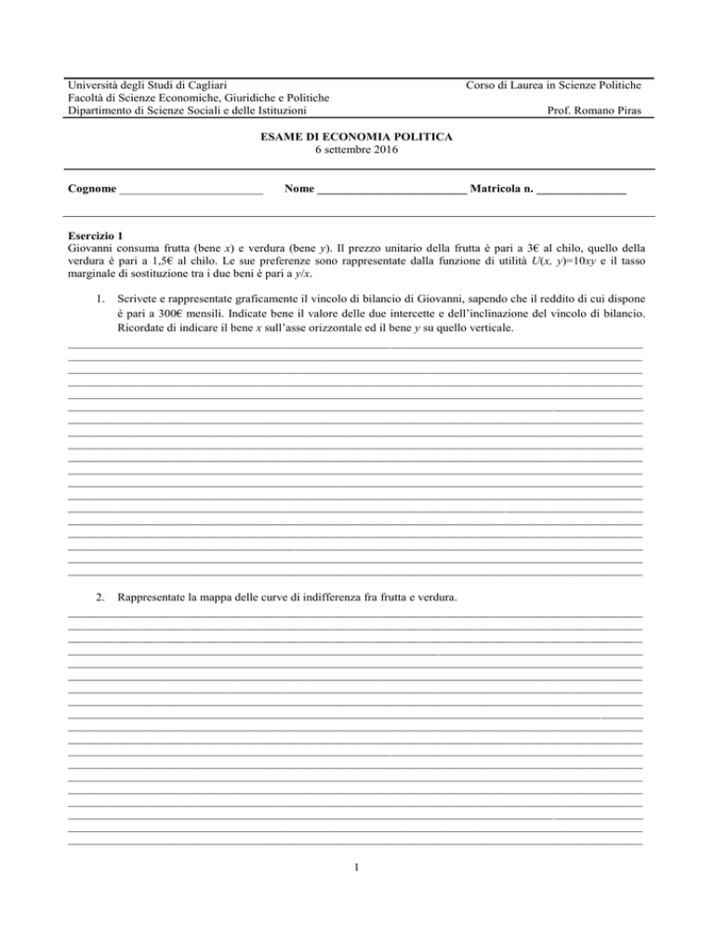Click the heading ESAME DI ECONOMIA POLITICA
coord(357,137)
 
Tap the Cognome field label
coord(92,190)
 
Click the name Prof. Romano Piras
coord(602,113)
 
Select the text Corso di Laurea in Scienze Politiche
coord(556,86)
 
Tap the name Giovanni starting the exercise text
coord(93,249)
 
